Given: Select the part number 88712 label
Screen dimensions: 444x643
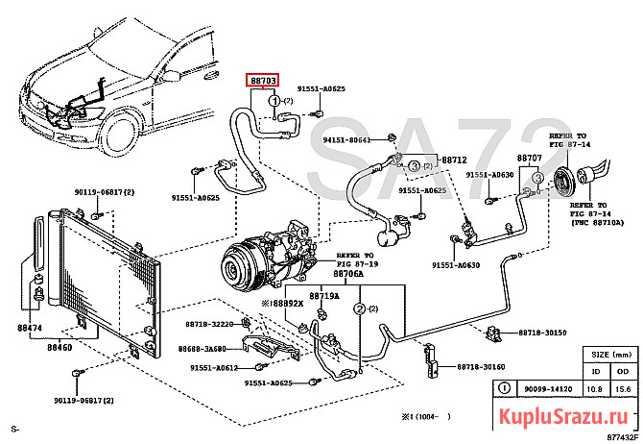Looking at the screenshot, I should click(454, 159).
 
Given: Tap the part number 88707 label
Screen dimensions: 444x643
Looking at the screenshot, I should click(529, 158).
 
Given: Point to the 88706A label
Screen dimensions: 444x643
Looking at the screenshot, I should click(349, 273).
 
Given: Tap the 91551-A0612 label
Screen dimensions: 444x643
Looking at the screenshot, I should click(214, 367).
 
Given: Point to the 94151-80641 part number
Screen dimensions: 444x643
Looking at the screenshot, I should click(346, 140).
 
